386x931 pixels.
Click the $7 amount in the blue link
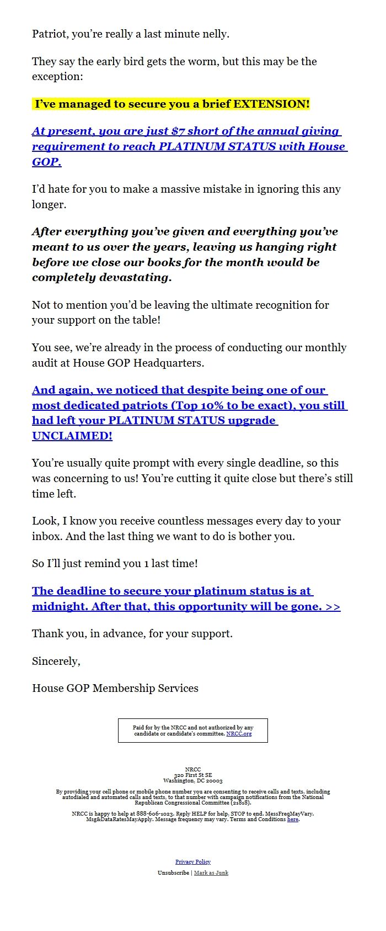[178, 131]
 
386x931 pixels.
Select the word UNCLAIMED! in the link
[72, 436]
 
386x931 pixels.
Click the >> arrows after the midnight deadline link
[333, 607]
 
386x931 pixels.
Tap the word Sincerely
[56, 661]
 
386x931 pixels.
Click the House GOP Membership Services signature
[115, 689]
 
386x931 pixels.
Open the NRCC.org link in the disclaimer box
[239, 734]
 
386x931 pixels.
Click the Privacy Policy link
[193, 862]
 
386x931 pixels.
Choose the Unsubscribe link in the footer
[173, 873]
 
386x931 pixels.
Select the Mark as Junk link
[211, 873]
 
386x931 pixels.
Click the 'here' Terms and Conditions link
[293, 819]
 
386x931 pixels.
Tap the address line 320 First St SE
[193, 775]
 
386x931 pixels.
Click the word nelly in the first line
[216, 34]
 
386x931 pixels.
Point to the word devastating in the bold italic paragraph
[135, 278]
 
